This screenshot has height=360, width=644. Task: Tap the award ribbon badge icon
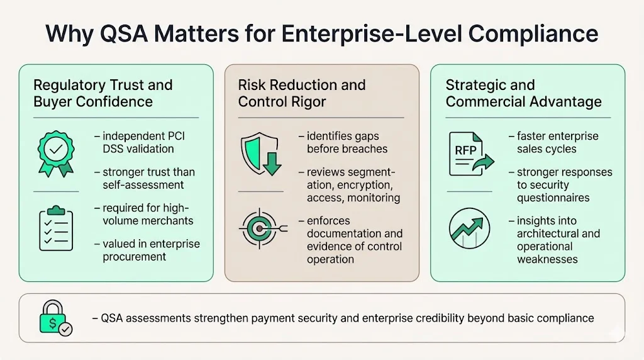click(x=56, y=152)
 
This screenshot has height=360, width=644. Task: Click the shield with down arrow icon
click(x=258, y=153)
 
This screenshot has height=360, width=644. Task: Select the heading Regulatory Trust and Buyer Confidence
click(x=103, y=93)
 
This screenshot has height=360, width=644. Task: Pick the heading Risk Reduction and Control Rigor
click(x=302, y=93)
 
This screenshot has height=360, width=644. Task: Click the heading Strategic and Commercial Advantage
click(x=523, y=93)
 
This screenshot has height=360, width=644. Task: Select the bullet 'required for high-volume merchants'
click(x=143, y=215)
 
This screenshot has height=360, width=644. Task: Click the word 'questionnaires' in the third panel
click(x=553, y=198)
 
